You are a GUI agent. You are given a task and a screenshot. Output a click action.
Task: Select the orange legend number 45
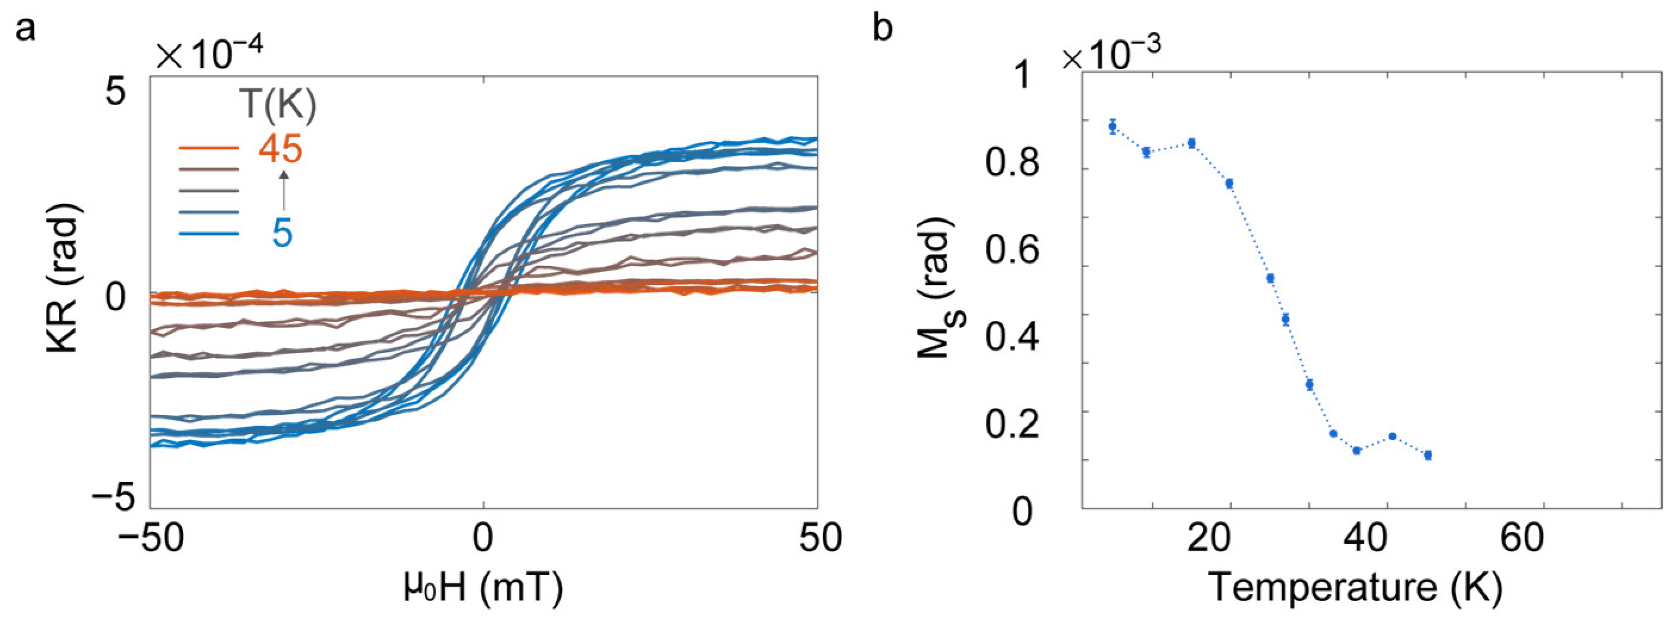click(280, 150)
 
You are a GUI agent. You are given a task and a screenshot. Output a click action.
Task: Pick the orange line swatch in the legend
click(209, 148)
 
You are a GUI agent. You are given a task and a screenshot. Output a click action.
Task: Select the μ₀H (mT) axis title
click(483, 587)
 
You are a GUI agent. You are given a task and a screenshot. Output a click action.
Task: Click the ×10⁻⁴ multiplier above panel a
click(209, 55)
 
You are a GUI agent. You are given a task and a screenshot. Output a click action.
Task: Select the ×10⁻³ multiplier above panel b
click(1111, 55)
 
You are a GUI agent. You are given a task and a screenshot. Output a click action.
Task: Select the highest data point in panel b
click(1113, 126)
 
